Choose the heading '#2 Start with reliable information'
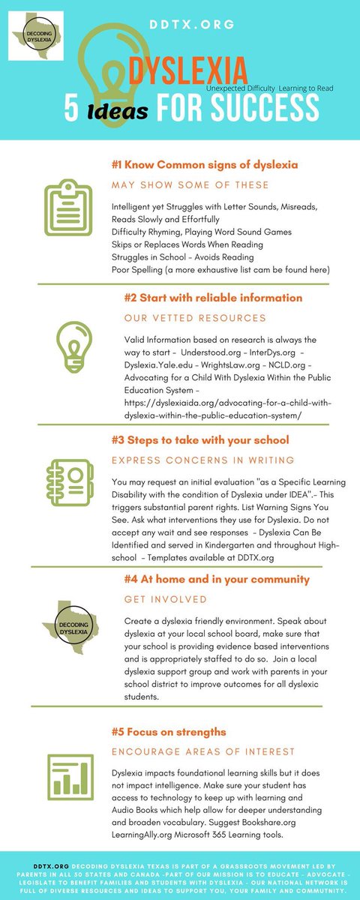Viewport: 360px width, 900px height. pyautogui.click(x=213, y=298)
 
